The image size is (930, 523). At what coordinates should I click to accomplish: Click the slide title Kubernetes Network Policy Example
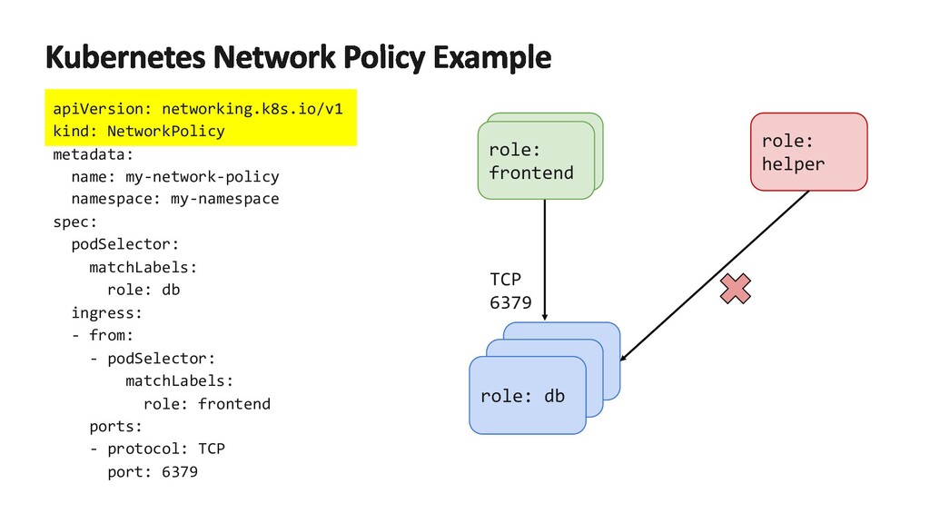click(298, 58)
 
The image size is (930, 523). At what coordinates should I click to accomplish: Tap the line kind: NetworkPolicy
click(139, 132)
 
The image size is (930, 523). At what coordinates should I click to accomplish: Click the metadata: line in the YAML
click(93, 154)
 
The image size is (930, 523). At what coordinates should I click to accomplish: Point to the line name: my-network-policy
click(174, 177)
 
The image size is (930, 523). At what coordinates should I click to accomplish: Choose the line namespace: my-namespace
click(174, 199)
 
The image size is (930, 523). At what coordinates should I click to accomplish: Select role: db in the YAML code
click(143, 290)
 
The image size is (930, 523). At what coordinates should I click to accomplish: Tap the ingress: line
click(106, 313)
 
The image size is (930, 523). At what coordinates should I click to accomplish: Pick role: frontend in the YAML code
click(206, 404)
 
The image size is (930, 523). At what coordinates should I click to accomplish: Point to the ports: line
click(116, 427)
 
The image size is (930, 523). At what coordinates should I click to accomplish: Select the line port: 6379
click(152, 472)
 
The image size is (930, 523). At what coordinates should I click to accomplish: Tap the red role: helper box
click(807, 153)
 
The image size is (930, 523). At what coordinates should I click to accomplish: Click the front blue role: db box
click(522, 397)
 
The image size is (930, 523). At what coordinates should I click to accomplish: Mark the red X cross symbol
click(736, 290)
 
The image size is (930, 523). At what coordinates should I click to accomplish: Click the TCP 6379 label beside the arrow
click(510, 291)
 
